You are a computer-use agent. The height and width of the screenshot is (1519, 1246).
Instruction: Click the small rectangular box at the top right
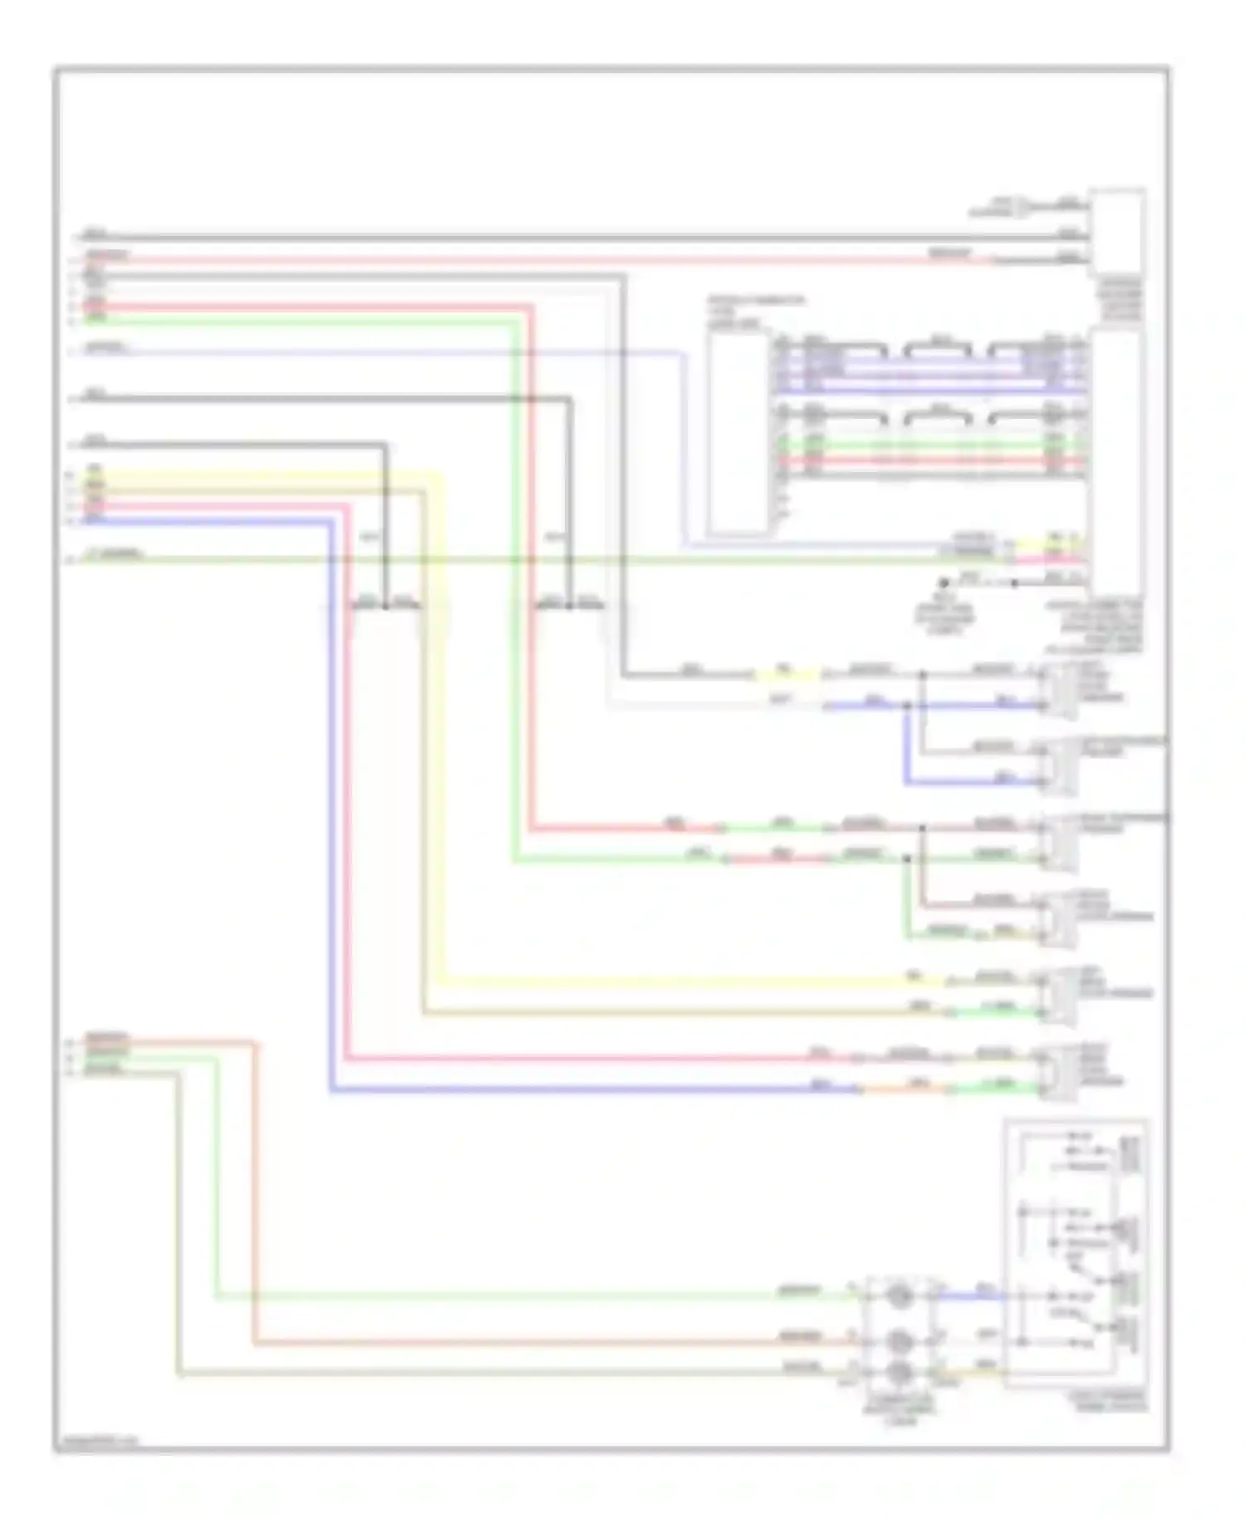1116,233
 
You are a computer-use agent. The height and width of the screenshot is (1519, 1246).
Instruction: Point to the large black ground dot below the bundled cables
944,583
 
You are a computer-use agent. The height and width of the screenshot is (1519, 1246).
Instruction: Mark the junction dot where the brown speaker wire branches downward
922,828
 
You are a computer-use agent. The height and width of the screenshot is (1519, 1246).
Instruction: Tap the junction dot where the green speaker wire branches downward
907,858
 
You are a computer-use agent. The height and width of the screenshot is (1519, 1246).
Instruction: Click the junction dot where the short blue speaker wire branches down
907,706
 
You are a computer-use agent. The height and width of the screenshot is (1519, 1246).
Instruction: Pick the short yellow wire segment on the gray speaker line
785,675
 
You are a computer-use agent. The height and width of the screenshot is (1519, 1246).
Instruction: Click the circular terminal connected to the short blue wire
898,1295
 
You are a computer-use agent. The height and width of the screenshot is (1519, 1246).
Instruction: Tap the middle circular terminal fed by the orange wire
898,1340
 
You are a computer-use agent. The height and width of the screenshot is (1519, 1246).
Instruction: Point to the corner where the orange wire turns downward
254,1042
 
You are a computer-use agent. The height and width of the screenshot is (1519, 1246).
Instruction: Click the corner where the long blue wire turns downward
331,522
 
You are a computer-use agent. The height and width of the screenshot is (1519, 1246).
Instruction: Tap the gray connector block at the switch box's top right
1129,1155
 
